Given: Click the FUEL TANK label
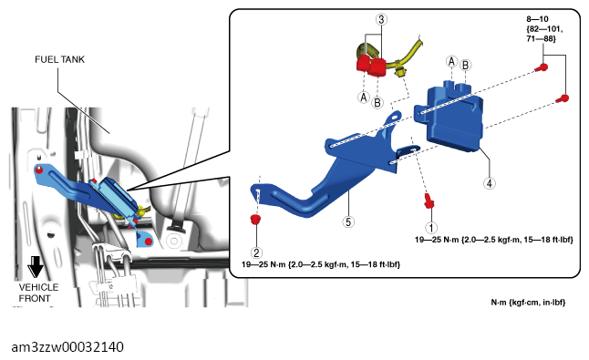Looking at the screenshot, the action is tap(60, 59).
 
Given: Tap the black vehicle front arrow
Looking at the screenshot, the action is tap(36, 266).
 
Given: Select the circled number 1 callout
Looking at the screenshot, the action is tap(431, 228).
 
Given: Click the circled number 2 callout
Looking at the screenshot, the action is tap(256, 252).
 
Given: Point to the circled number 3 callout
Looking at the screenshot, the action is tap(381, 19).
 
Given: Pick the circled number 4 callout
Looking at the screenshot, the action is tap(489, 183).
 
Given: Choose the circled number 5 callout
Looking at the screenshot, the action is tap(348, 221).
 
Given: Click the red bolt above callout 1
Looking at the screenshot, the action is tap(429, 201).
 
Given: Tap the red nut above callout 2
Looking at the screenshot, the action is tap(255, 220).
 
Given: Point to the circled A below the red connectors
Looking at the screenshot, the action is tap(363, 98).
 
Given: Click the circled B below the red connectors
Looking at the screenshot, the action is tap(377, 102).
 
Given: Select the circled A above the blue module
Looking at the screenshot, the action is tap(451, 61).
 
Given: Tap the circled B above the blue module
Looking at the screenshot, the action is tap(465, 66).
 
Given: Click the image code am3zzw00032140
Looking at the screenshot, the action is tap(67, 347).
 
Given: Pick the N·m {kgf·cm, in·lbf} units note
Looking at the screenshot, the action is tap(528, 303).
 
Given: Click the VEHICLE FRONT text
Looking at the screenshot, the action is tap(38, 293).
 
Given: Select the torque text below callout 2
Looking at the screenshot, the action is tap(321, 264).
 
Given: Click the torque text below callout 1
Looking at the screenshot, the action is tap(494, 240).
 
